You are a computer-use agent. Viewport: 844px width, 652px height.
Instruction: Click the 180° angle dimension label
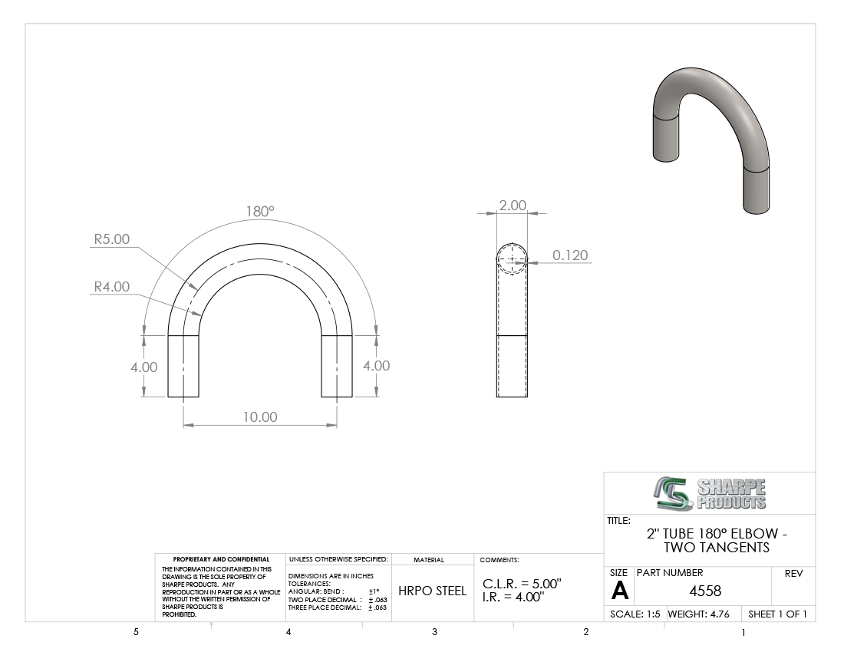coord(260,212)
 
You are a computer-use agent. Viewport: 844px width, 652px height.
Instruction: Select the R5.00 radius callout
coord(112,239)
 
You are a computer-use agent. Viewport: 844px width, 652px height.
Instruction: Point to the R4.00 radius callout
coord(112,287)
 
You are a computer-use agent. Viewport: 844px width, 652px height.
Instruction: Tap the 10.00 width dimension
coord(260,417)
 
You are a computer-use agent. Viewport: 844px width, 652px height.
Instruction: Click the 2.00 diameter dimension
coord(513,205)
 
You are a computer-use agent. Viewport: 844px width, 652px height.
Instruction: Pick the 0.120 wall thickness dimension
coord(570,255)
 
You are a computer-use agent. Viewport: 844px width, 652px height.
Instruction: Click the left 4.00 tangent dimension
coord(143,367)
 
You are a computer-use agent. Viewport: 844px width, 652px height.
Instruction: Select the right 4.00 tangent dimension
coord(376,365)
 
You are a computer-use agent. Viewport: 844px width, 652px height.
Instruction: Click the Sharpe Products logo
coord(710,493)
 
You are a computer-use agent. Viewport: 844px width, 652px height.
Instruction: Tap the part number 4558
coord(705,591)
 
